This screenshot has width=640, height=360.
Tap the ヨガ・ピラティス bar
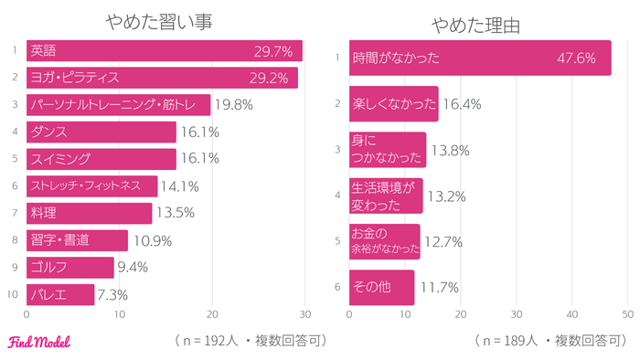pyautogui.click(x=162, y=78)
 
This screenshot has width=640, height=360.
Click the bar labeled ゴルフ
pyautogui.click(x=69, y=267)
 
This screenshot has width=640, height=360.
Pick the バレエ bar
pyautogui.click(x=59, y=294)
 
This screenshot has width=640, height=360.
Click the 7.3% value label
pyautogui.click(x=112, y=294)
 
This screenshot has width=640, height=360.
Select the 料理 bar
pyautogui.click(x=89, y=213)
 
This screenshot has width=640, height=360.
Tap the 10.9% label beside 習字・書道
pyautogui.click(x=151, y=240)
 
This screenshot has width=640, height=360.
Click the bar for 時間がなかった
pyautogui.click(x=480, y=58)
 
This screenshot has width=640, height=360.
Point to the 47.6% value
pyautogui.click(x=576, y=58)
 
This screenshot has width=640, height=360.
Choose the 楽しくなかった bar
pyautogui.click(x=393, y=104)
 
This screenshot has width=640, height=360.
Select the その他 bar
pyautogui.click(x=382, y=287)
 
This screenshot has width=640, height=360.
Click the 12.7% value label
pyautogui.click(x=443, y=242)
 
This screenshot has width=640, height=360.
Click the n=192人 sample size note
pyautogui.click(x=249, y=341)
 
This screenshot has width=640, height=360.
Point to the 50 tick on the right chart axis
pyautogui.click(x=629, y=312)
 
